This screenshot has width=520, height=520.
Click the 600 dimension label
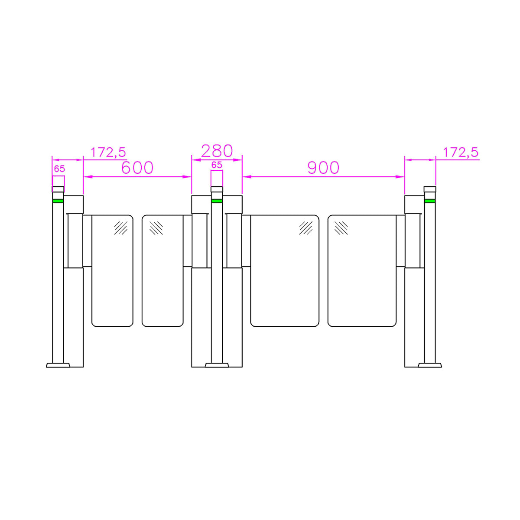(137, 168)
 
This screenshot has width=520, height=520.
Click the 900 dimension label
(323, 168)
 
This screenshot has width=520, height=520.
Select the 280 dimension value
(217, 151)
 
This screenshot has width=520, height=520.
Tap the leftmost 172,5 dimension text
(108, 153)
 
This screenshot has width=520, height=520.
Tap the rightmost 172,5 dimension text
(461, 153)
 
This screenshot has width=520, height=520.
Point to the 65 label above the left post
(59, 169)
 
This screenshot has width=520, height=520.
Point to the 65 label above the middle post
(217, 165)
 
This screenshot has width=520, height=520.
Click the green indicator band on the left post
(58, 201)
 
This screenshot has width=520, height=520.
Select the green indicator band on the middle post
(217, 201)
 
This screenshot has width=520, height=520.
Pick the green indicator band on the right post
(429, 201)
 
